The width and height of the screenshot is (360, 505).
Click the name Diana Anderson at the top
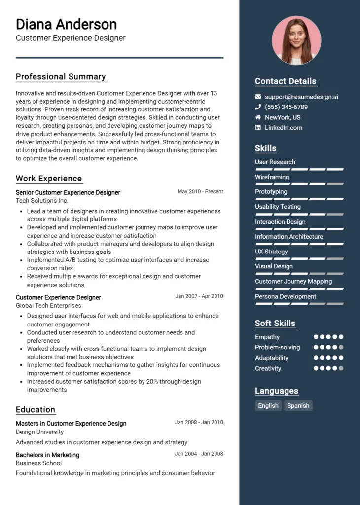[66, 24]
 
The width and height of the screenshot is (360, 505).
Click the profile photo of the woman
[296, 40]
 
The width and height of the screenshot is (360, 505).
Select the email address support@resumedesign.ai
[301, 97]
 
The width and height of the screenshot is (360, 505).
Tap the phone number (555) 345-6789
[286, 107]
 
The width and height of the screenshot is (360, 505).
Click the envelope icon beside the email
[258, 97]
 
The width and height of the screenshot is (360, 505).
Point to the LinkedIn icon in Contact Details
[258, 128]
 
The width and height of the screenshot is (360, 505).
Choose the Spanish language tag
[298, 406]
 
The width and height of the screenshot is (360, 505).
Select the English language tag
[268, 406]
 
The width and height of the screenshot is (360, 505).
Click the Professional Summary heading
[61, 77]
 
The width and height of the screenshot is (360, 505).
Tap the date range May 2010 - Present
[200, 192]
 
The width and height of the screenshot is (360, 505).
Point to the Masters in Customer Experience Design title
[71, 424]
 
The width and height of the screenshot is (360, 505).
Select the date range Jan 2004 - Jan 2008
[199, 454]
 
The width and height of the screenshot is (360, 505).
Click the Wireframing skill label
[272, 177]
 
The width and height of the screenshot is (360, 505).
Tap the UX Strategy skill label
[271, 252]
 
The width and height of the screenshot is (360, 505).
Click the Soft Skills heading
[275, 324]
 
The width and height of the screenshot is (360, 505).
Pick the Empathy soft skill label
[267, 337]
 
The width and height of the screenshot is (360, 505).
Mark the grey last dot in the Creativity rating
[341, 368]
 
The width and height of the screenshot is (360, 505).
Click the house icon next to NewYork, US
[258, 117]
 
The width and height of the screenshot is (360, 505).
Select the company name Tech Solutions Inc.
[42, 201]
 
